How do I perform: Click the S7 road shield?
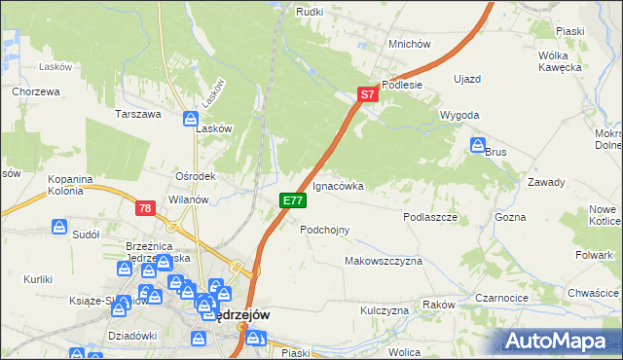pos(366,95)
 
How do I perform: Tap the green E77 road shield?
pos(293,200)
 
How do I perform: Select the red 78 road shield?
pos(145,208)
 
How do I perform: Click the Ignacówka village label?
pos(338,185)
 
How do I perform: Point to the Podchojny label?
pos(325,230)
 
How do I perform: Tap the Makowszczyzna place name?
pos(384,262)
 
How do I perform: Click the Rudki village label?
pos(310,12)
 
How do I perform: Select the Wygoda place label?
pos(459,115)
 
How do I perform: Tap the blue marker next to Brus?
pos(478,146)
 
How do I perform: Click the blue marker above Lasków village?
pos(191,119)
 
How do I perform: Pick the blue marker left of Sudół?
pos(59,227)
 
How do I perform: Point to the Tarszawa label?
pos(137,114)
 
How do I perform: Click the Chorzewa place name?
pos(37,91)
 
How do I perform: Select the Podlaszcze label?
pos(430,218)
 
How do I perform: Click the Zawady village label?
pos(546,182)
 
